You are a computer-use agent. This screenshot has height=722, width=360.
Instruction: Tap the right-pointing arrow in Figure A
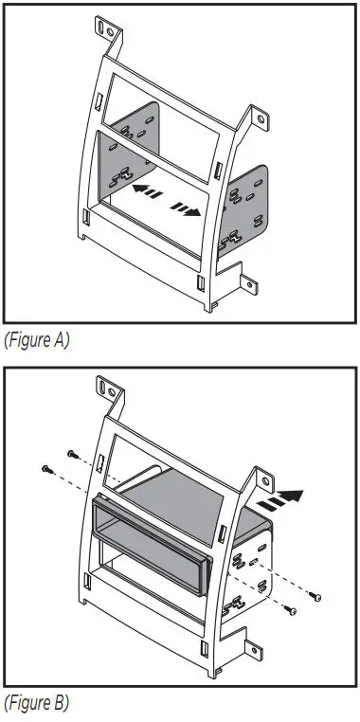pos(186,208)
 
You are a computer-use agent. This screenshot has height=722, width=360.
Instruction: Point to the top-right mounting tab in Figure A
pos(261,117)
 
